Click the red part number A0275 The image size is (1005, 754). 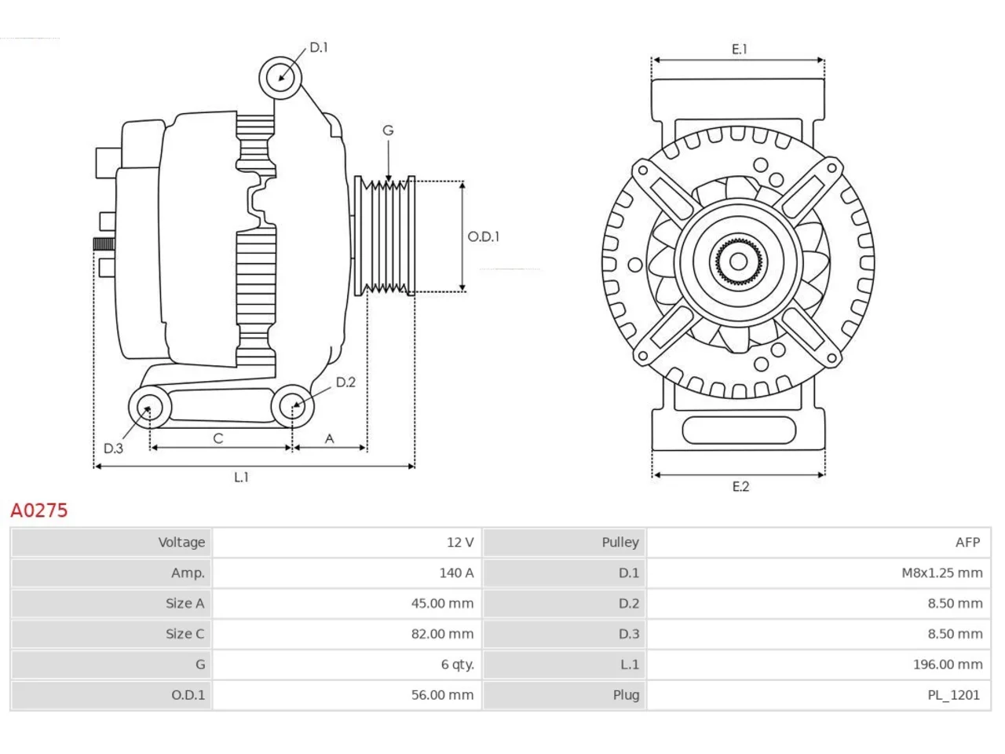click(39, 510)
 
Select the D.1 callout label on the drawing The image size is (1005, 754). click(319, 47)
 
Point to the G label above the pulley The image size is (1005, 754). click(388, 130)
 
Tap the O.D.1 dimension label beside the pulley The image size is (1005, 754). click(483, 236)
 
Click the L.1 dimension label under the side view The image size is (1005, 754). click(241, 477)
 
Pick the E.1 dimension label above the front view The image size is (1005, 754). click(739, 49)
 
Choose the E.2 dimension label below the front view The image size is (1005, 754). click(740, 486)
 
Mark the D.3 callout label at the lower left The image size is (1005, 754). click(113, 448)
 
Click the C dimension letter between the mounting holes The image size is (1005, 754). click(218, 438)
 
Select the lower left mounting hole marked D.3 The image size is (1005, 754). click(150, 408)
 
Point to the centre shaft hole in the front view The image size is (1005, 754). click(738, 262)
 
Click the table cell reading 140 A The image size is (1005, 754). click(346, 573)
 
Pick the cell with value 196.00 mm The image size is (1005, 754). click(818, 664)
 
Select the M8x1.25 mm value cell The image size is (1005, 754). click(818, 573)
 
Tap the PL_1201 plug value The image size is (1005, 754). click(953, 695)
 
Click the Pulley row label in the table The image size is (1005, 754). click(620, 543)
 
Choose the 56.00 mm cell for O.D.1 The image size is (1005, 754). click(346, 695)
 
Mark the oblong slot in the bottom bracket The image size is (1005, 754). click(739, 430)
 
